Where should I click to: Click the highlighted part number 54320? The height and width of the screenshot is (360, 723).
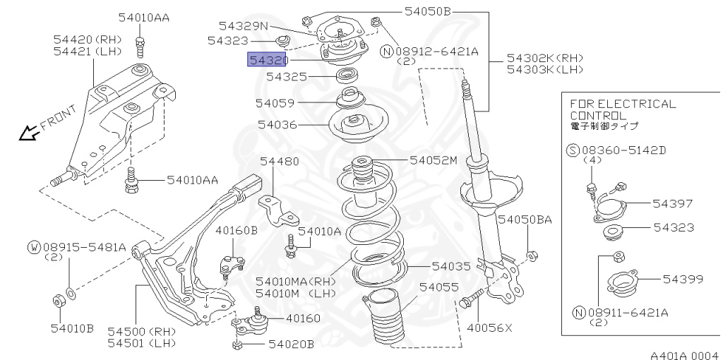(268, 59)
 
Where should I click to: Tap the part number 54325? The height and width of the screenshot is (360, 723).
(287, 76)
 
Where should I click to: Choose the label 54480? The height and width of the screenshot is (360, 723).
(279, 162)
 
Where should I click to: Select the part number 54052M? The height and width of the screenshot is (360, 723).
(434, 160)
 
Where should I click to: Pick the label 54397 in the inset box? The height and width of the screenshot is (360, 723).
(672, 203)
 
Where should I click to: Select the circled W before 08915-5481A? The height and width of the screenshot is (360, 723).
(34, 247)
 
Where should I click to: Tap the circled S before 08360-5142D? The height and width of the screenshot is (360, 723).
(573, 150)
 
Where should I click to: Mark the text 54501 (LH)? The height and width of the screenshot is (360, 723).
(141, 343)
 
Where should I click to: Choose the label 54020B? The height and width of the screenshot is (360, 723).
(291, 344)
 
